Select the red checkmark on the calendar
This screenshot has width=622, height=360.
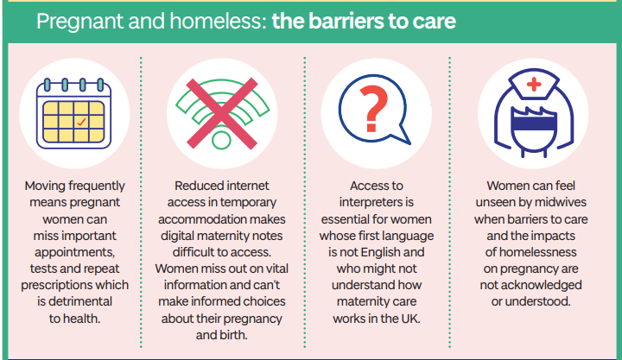click(81, 122)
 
